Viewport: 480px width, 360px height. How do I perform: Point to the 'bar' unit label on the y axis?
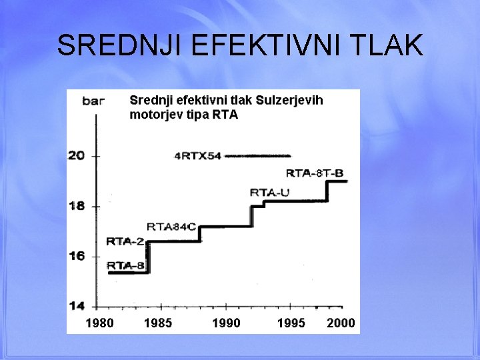93,101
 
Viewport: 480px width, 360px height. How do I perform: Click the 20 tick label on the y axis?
77,155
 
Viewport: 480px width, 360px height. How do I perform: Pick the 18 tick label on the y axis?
77,205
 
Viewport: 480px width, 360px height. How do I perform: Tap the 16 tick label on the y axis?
77,255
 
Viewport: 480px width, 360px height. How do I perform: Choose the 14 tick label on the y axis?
77,306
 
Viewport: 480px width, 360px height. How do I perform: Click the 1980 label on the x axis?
99,323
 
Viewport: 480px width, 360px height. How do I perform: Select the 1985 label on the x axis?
157,323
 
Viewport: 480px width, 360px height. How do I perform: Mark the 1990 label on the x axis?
226,323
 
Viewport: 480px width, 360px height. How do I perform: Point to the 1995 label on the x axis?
291,323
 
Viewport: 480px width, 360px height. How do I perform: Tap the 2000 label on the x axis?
341,323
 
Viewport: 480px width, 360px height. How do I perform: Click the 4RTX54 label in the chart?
197,157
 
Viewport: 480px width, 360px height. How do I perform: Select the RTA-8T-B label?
315,173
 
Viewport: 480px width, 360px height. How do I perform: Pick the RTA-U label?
270,193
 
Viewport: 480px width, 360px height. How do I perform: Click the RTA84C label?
171,227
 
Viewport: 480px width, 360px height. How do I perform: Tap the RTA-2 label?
125,241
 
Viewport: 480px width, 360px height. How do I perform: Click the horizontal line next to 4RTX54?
258,155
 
